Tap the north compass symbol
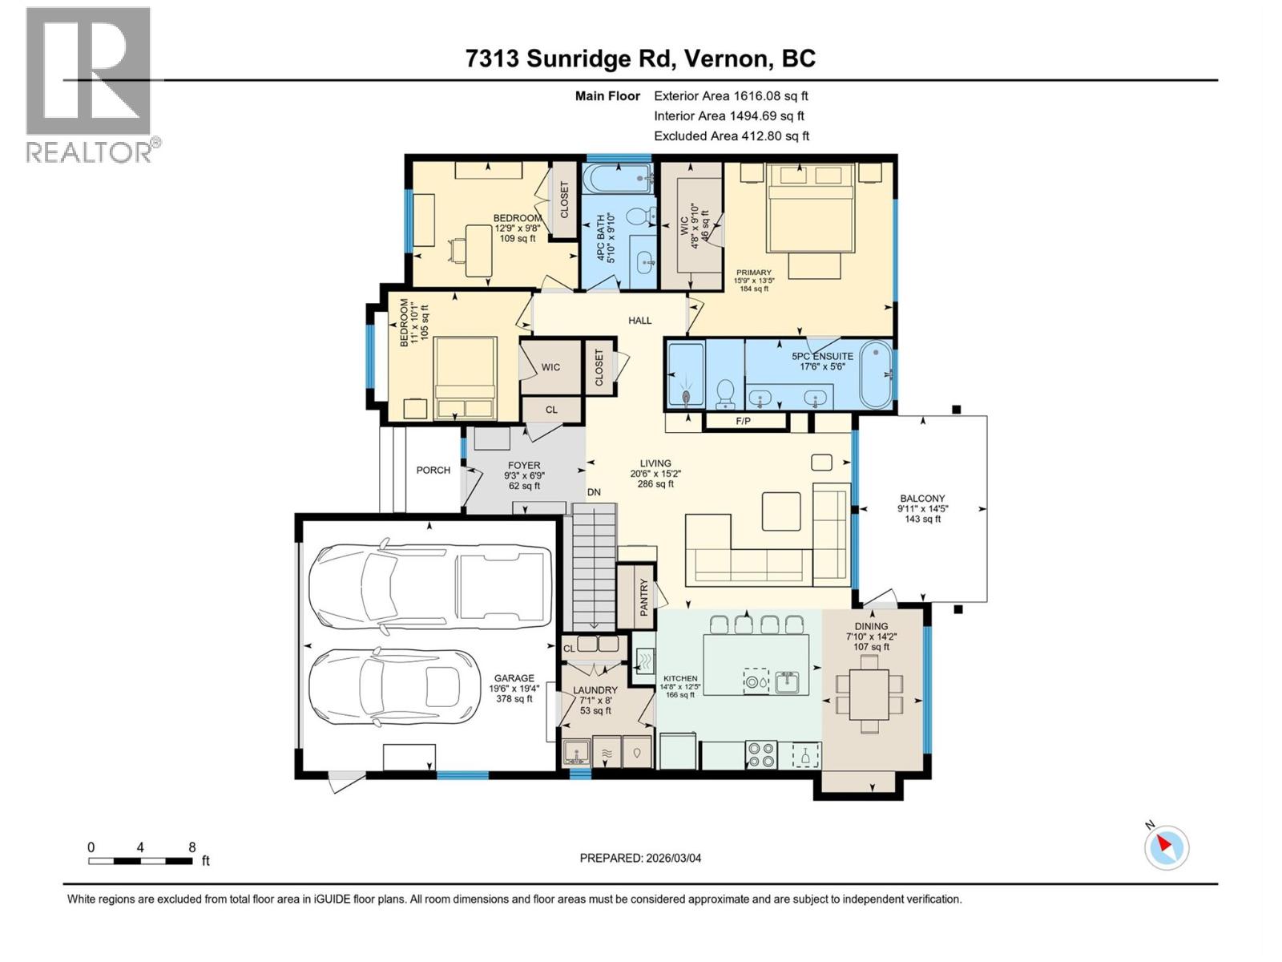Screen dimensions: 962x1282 1167,847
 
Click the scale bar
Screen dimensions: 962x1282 140,861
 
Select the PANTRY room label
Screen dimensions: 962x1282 643,597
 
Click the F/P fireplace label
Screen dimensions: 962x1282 744,421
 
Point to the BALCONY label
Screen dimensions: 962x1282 922,498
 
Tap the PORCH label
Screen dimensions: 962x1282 433,471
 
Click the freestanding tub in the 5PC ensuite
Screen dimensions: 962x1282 876,374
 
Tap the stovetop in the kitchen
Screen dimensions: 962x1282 760,754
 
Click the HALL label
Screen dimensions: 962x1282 639,321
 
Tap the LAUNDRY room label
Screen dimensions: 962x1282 595,690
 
